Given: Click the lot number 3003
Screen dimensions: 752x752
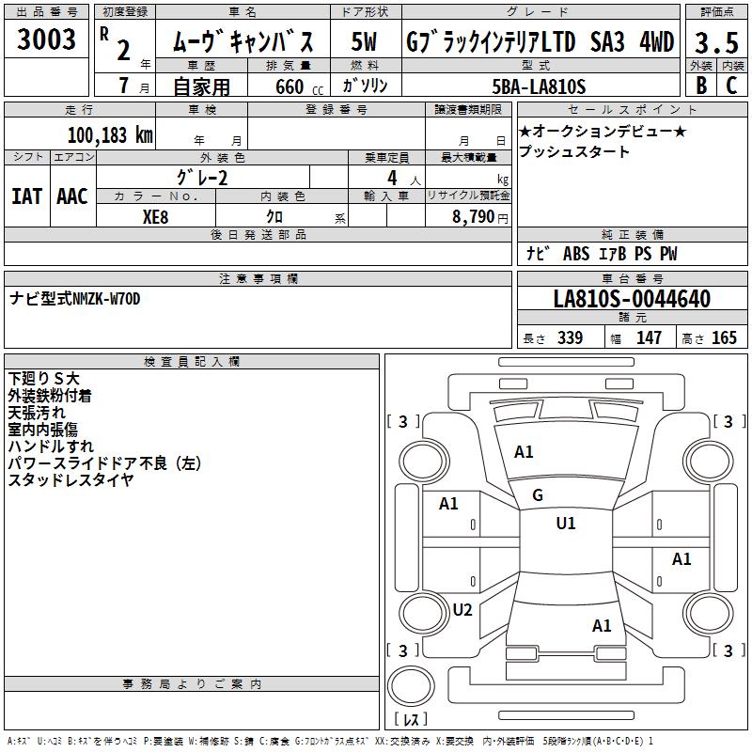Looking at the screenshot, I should coord(47,39).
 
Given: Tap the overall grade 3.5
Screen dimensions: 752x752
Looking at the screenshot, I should coord(714,42).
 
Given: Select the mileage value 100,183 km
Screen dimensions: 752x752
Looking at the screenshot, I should coord(110,135).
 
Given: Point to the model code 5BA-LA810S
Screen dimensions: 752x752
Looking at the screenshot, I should coord(539,86).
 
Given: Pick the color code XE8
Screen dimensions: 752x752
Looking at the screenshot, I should coord(156,215).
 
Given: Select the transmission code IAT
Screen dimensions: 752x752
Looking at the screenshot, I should coord(26,196).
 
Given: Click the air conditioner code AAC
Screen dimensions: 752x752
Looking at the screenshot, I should coord(72,196).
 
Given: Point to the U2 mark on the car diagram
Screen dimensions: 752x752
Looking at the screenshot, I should coord(462,610).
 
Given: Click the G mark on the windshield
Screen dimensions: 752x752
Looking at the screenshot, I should coord(538,495).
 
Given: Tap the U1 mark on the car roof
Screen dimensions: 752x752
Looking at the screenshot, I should coord(565,524).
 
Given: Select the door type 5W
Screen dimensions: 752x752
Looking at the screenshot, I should coord(365,42).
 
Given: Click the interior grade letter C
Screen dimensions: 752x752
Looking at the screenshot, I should coord(731,86).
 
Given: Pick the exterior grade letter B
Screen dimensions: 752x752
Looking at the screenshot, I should coord(700,86).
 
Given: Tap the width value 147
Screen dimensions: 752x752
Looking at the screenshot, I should coord(649,338).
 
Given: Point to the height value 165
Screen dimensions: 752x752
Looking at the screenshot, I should coord(724,338).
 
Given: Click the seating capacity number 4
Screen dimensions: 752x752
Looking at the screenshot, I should coord(390,177).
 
